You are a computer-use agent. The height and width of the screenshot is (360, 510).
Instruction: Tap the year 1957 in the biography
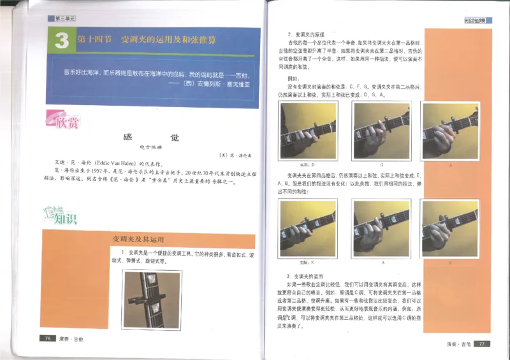pyautogui.click(x=99, y=172)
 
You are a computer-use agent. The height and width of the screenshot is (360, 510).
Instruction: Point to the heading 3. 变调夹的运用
pyautogui.click(x=303, y=275)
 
